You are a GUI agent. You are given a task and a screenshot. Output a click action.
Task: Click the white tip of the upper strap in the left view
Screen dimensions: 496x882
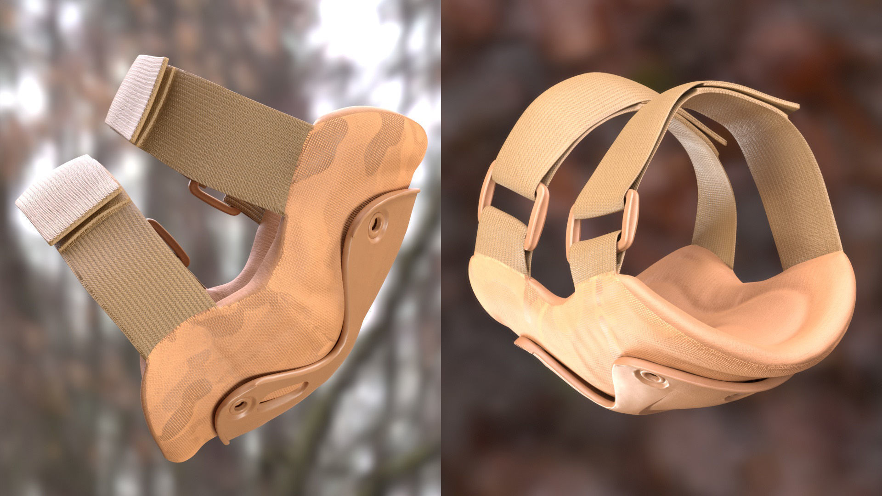pyautogui.click(x=136, y=96)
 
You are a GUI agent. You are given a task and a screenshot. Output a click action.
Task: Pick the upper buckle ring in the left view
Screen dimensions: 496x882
pyautogui.click(x=209, y=198)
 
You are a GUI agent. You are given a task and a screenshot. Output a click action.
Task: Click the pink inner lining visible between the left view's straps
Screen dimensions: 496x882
pyautogui.click(x=257, y=257)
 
